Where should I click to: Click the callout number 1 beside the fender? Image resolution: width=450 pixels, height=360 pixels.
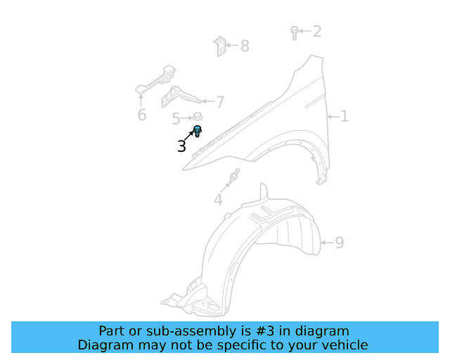[x=345, y=116]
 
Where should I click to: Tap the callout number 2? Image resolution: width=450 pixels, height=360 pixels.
[x=317, y=31]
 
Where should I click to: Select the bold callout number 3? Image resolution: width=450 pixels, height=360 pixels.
[x=182, y=146]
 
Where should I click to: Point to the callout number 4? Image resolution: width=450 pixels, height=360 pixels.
[x=218, y=200]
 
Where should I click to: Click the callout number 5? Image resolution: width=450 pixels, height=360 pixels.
[x=176, y=119]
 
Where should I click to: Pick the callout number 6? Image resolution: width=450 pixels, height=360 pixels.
[x=142, y=115]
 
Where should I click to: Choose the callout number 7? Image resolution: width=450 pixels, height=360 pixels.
[x=220, y=103]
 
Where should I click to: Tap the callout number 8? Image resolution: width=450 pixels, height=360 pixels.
[x=245, y=46]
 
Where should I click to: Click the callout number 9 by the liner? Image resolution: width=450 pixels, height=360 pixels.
[x=339, y=243]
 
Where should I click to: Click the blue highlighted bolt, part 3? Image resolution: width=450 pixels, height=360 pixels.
[x=198, y=130]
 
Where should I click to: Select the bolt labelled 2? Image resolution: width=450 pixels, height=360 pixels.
[x=295, y=32]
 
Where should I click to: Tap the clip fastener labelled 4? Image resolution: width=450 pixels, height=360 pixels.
[x=235, y=176]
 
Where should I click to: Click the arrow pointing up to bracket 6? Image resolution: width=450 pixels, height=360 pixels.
[x=141, y=98]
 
